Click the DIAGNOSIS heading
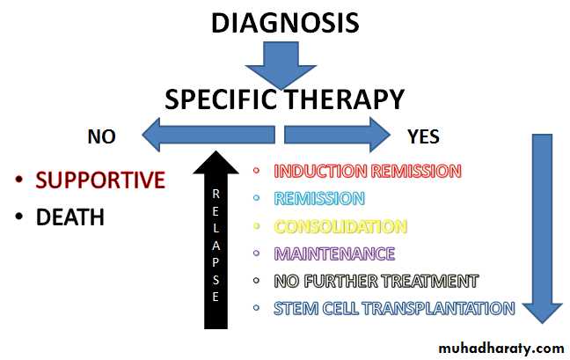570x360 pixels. tap(285, 22)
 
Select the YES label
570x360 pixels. tap(424, 136)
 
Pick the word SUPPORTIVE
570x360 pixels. tap(100, 180)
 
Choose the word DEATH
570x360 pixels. tap(70, 217)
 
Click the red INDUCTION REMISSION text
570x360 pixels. tap(367, 171)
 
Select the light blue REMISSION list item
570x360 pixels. tap(318, 198)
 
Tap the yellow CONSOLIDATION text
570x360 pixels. tap(340, 226)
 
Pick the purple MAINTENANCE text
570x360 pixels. tap(334, 253)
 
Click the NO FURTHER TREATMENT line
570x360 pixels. tap(376, 282)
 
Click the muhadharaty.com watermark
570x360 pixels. tap(501, 348)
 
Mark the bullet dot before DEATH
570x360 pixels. tap(19, 217)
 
